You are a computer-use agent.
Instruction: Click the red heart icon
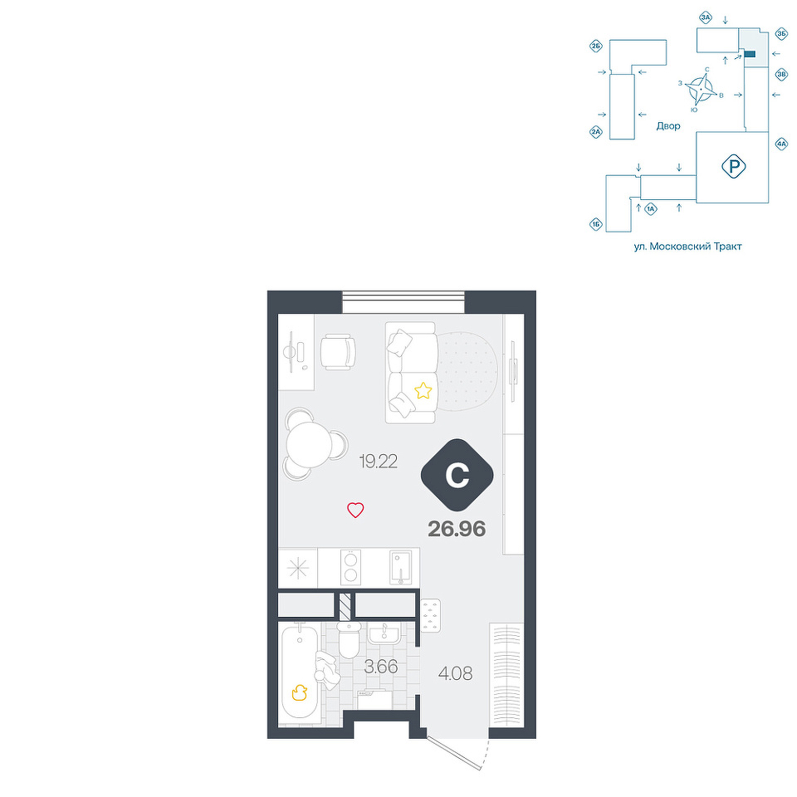[355, 510]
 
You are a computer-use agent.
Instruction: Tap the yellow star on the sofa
[423, 390]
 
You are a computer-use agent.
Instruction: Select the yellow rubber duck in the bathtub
[300, 692]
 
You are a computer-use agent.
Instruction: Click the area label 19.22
[379, 462]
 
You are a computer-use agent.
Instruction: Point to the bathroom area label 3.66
[381, 667]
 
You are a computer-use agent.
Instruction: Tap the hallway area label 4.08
[456, 674]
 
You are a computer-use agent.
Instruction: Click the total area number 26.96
[457, 529]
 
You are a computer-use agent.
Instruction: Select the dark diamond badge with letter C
[457, 475]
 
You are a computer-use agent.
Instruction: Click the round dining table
[309, 445]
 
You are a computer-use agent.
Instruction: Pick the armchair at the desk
[338, 352]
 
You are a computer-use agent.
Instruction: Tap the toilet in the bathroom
[350, 640]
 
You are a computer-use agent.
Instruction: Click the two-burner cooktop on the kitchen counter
[350, 567]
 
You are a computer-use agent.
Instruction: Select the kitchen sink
[401, 567]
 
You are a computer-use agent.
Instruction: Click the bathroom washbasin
[384, 633]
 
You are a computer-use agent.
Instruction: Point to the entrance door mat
[431, 615]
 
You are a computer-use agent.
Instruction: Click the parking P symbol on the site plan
[733, 166]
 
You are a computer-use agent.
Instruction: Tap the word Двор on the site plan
[667, 126]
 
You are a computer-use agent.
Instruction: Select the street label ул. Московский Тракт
[687, 247]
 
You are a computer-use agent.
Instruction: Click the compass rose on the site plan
[700, 90]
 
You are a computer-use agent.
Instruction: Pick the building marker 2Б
[596, 46]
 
